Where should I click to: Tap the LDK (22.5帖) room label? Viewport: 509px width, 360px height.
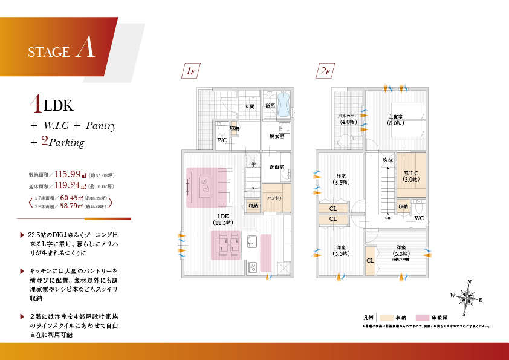coord(219,219)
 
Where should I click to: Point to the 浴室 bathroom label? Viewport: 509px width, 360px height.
coord(270,105)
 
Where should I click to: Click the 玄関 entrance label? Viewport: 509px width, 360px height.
coord(248,106)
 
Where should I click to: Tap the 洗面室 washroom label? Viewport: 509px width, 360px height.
coord(277,166)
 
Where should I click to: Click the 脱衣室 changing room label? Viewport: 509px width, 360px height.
coord(277,136)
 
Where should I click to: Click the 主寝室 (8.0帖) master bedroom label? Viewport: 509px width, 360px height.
coord(396,119)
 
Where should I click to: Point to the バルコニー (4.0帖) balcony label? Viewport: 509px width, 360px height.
coord(348,119)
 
